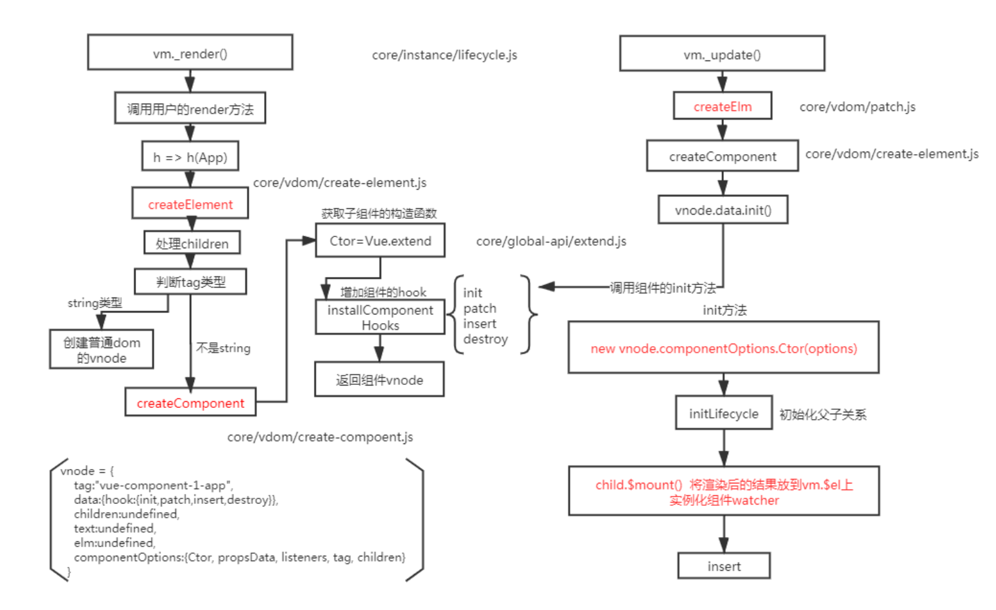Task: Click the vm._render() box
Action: coord(190,53)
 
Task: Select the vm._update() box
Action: coord(722,54)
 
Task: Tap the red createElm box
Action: coord(722,106)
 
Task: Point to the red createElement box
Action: coord(190,204)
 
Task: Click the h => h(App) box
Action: coord(190,157)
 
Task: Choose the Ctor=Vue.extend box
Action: coord(380,241)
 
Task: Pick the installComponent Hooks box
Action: coord(380,317)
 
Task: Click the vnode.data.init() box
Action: coord(723,210)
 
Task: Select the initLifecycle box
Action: coord(723,413)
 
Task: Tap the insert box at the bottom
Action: coord(724,566)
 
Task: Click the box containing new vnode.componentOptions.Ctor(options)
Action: coord(723,348)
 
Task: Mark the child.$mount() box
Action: coord(724,491)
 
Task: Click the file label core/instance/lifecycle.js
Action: coord(444,55)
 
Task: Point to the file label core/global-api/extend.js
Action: coord(551,241)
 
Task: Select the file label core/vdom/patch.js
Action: coord(857,107)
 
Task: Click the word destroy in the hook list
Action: coord(486,339)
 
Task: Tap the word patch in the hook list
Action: coord(479,308)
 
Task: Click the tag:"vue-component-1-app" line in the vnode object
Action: coord(153,485)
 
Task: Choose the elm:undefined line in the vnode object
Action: coord(114,543)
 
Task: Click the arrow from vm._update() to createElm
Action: coord(722,82)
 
